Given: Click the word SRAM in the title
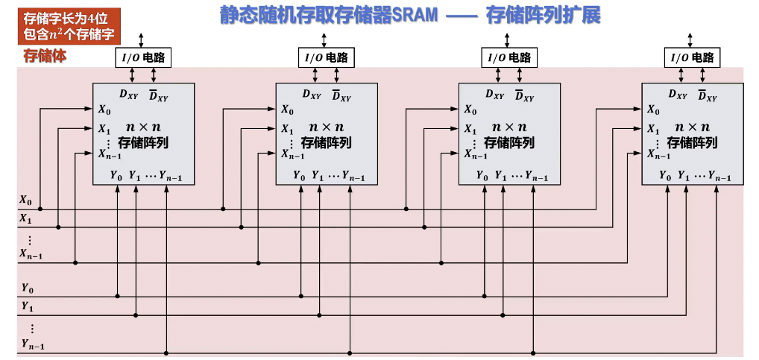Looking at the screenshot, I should pos(415,16).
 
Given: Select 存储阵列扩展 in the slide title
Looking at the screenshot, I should pos(542,16).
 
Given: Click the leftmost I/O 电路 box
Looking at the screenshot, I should pos(142,57).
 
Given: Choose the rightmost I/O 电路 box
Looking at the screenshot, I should pos(692,57).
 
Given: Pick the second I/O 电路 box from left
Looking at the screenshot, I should pos(325,57).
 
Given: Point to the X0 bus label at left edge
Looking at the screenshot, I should pos(25,200).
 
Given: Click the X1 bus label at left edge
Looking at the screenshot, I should pos(25,219).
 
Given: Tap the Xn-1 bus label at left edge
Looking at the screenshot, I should pos(31,254).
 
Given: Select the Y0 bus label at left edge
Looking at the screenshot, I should pos(27,288).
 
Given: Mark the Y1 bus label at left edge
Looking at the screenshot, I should pos(27,306).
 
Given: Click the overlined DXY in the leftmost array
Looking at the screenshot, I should pos(157,95).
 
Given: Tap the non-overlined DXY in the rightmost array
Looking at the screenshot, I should pos(678,95).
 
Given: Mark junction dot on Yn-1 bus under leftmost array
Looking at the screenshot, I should pos(166,353).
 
